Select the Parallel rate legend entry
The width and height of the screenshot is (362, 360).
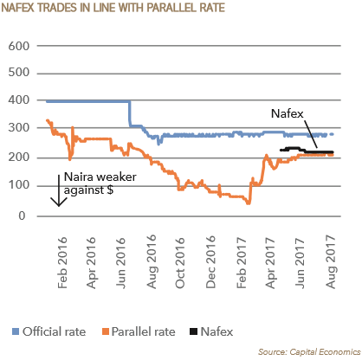point(139,331)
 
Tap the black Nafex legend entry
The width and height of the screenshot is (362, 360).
point(216,331)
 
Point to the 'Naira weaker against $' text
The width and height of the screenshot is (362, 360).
point(90,183)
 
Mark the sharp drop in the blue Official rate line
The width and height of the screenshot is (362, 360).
point(130,113)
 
